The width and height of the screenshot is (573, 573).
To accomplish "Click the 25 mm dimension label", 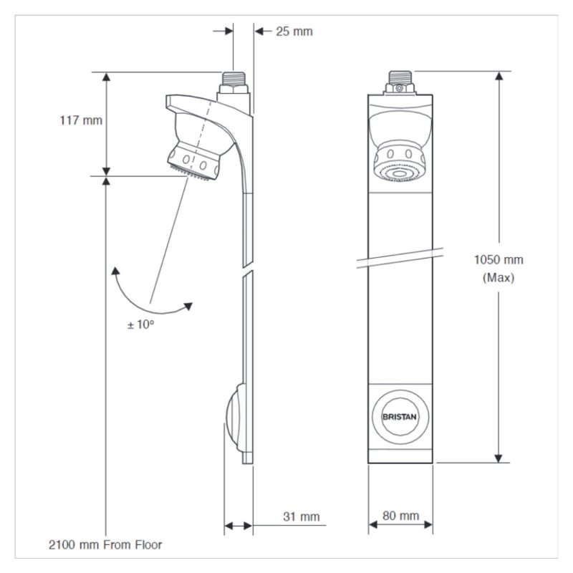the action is pos(294,32).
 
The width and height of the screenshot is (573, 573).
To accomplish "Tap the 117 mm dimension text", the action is pos(81,120).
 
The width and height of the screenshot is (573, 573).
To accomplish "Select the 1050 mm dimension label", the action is pos(499,260).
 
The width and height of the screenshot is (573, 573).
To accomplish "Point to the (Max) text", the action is pos(499,278).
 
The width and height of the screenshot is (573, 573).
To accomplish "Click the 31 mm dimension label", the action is pos(301,516).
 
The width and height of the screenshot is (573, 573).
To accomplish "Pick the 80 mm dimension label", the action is pos(400,516).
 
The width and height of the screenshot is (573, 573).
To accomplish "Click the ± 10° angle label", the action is pos(140,324).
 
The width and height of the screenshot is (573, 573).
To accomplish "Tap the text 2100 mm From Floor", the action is pos(105,545).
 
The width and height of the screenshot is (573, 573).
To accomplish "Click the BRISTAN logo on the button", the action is pos(400,417).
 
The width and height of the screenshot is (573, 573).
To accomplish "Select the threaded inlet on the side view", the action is pos(233,79).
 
